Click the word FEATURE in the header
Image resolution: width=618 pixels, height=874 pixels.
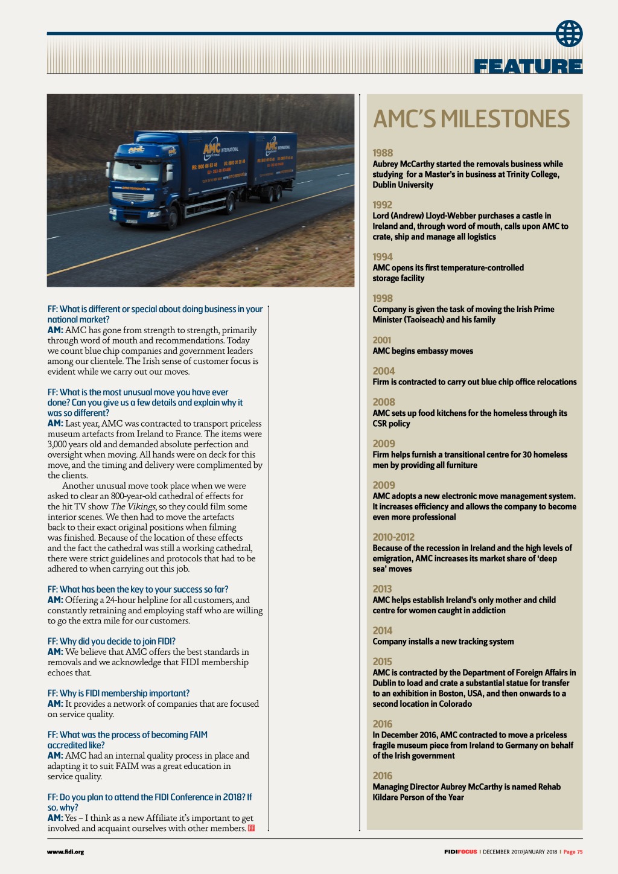pyautogui.click(x=528, y=66)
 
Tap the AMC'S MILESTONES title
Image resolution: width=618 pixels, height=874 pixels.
pyautogui.click(x=471, y=119)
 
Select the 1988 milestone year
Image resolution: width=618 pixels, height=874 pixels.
pyautogui.click(x=383, y=153)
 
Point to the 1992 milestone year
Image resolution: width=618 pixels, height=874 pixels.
pyautogui.click(x=383, y=205)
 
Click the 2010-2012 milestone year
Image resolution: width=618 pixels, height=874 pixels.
pyautogui.click(x=393, y=537)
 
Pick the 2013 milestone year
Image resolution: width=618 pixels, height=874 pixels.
pyautogui.click(x=383, y=589)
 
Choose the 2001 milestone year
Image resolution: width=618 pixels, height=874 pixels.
pyautogui.click(x=382, y=340)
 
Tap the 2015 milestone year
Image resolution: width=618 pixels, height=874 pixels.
pyautogui.click(x=383, y=662)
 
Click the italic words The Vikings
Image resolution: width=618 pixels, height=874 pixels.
pyautogui.click(x=133, y=506)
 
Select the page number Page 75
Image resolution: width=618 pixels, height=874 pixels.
pyautogui.click(x=573, y=852)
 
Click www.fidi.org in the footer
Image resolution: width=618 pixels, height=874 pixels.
pyautogui.click(x=65, y=852)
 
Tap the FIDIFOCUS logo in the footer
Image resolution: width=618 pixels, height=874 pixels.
pyautogui.click(x=460, y=852)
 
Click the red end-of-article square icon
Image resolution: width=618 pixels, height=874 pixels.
pyautogui.click(x=251, y=828)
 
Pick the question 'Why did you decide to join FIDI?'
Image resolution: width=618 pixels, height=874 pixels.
pyautogui.click(x=112, y=642)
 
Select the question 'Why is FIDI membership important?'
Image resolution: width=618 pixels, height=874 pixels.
pyautogui.click(x=118, y=694)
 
